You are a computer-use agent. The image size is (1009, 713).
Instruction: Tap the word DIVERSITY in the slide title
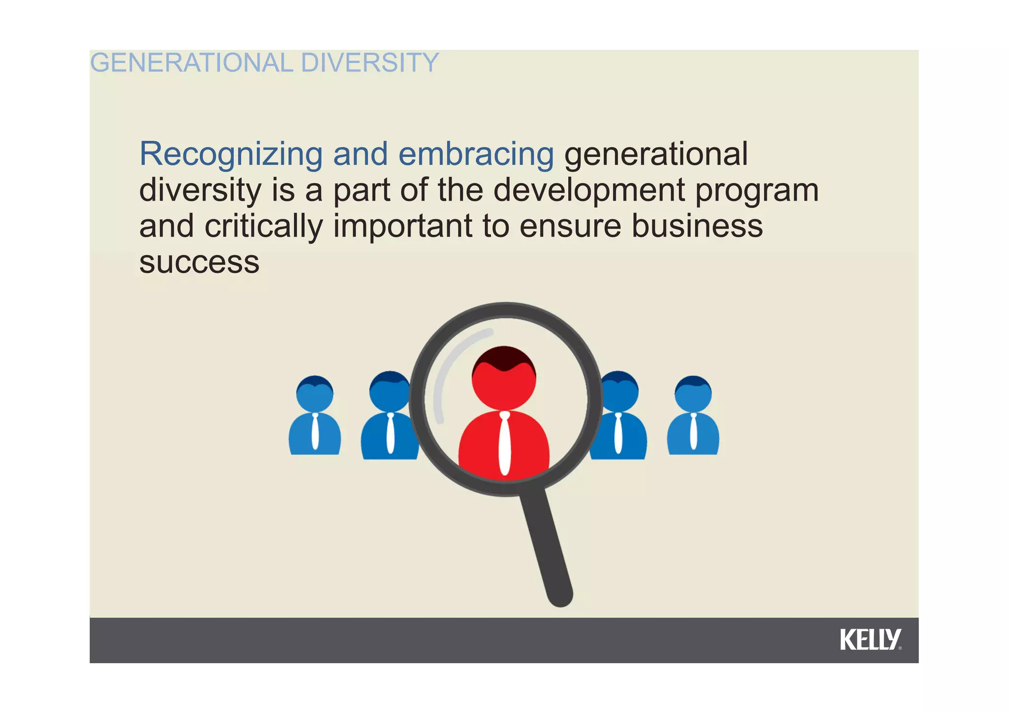point(369,63)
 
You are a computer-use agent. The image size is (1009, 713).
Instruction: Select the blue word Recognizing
point(231,154)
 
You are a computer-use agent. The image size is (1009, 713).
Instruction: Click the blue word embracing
point(476,154)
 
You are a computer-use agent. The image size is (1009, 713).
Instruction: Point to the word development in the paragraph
point(589,191)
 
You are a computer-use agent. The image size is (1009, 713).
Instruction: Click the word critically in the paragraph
point(264,227)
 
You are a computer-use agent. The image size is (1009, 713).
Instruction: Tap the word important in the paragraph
point(403,227)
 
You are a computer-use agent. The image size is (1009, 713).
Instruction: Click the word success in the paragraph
point(199,263)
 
